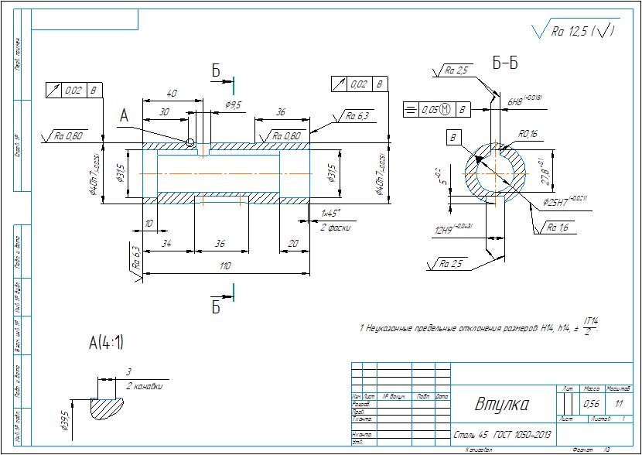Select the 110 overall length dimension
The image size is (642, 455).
click(x=224, y=266)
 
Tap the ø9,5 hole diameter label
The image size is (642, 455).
click(x=233, y=104)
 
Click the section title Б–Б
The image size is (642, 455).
click(x=504, y=64)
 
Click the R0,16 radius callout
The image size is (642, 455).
click(x=529, y=135)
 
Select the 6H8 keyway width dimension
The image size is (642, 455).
click(x=523, y=101)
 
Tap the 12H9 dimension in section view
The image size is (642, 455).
click(x=452, y=228)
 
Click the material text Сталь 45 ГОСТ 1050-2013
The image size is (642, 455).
click(x=499, y=436)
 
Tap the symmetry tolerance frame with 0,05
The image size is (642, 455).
click(x=437, y=110)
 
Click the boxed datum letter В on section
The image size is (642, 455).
click(x=453, y=138)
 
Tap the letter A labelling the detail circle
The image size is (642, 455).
click(x=124, y=115)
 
